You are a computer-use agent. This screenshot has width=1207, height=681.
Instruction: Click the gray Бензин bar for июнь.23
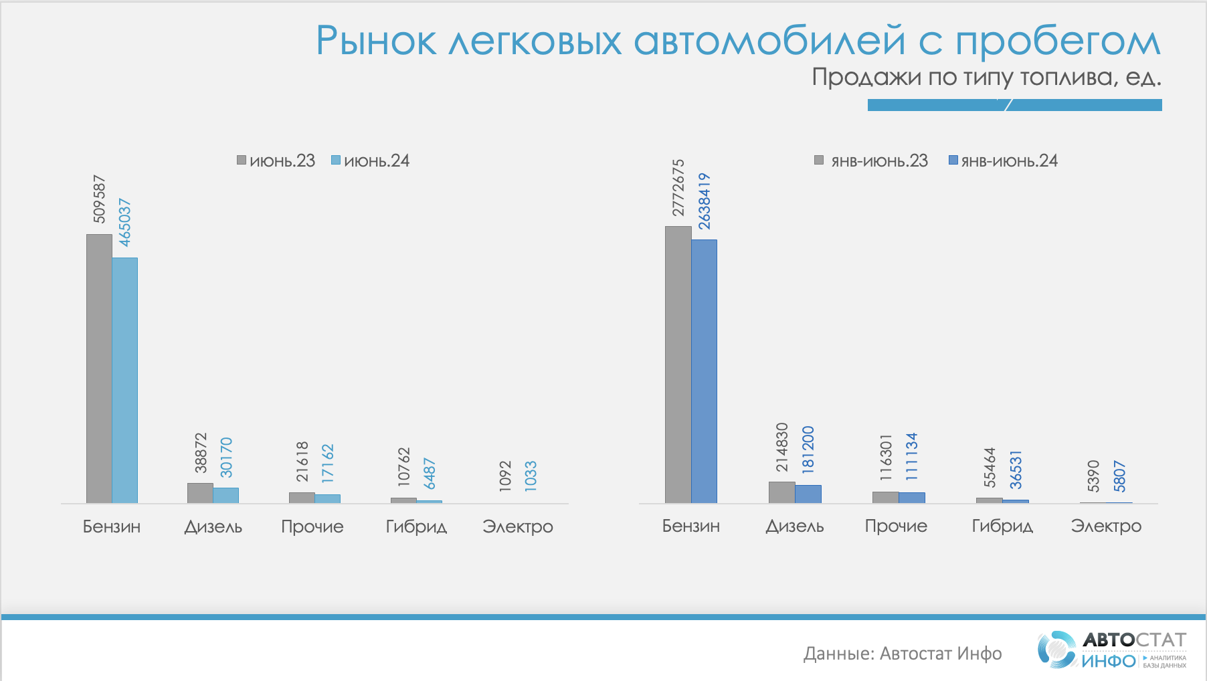coord(99,368)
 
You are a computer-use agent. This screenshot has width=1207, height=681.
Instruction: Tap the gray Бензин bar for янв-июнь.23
coord(678,365)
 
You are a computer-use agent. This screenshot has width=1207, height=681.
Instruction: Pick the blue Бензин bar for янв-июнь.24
coord(704,371)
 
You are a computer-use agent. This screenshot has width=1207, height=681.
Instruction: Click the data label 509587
coord(99,199)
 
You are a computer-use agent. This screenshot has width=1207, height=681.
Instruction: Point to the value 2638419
coord(705,201)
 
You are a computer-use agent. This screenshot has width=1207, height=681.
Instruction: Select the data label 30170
coord(227,458)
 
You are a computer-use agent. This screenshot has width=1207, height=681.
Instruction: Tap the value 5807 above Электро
coord(1119,476)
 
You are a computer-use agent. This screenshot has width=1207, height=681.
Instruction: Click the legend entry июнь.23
coord(276,161)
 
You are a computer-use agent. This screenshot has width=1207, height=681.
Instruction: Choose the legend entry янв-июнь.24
coord(1004,161)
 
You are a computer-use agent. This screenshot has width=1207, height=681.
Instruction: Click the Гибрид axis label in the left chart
coord(416,526)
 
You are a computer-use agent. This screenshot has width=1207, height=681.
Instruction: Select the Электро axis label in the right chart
coord(1106,526)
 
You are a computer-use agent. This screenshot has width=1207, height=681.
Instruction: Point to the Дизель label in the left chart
coord(213,526)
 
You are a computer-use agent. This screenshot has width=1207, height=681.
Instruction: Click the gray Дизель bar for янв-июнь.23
coord(781,492)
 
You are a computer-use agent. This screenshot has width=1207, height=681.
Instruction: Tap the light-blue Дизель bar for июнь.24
coord(226,495)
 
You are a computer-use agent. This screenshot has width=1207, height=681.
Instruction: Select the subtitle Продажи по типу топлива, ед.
coord(986,78)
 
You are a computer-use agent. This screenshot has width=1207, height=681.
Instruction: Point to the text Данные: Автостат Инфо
coord(903,654)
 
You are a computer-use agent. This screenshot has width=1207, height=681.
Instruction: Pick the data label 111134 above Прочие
coord(912,456)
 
